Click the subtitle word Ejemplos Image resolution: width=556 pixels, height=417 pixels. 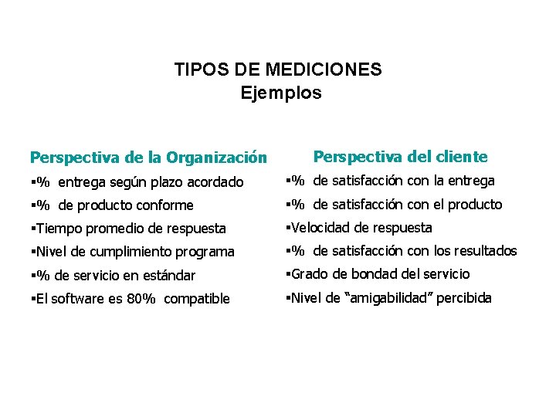click(280, 93)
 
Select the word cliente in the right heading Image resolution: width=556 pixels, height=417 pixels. click(462, 157)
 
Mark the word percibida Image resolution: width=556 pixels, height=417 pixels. click(463, 298)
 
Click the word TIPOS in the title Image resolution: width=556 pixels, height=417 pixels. click(196, 69)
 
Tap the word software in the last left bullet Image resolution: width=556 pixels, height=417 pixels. click(76, 299)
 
